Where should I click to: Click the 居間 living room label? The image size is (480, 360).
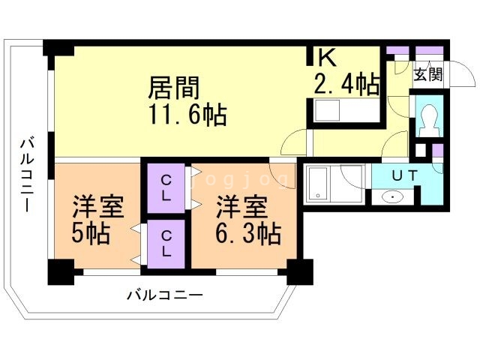pos(174,88)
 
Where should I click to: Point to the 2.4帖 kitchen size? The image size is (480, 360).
pos(346,84)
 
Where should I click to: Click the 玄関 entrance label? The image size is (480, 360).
pos(428,74)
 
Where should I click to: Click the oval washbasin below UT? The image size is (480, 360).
pos(393,197)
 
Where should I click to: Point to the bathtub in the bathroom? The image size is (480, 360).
pos(322,184)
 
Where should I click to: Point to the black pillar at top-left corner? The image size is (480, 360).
pos(58,46)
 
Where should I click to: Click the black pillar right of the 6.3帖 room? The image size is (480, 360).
pos(300,271)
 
